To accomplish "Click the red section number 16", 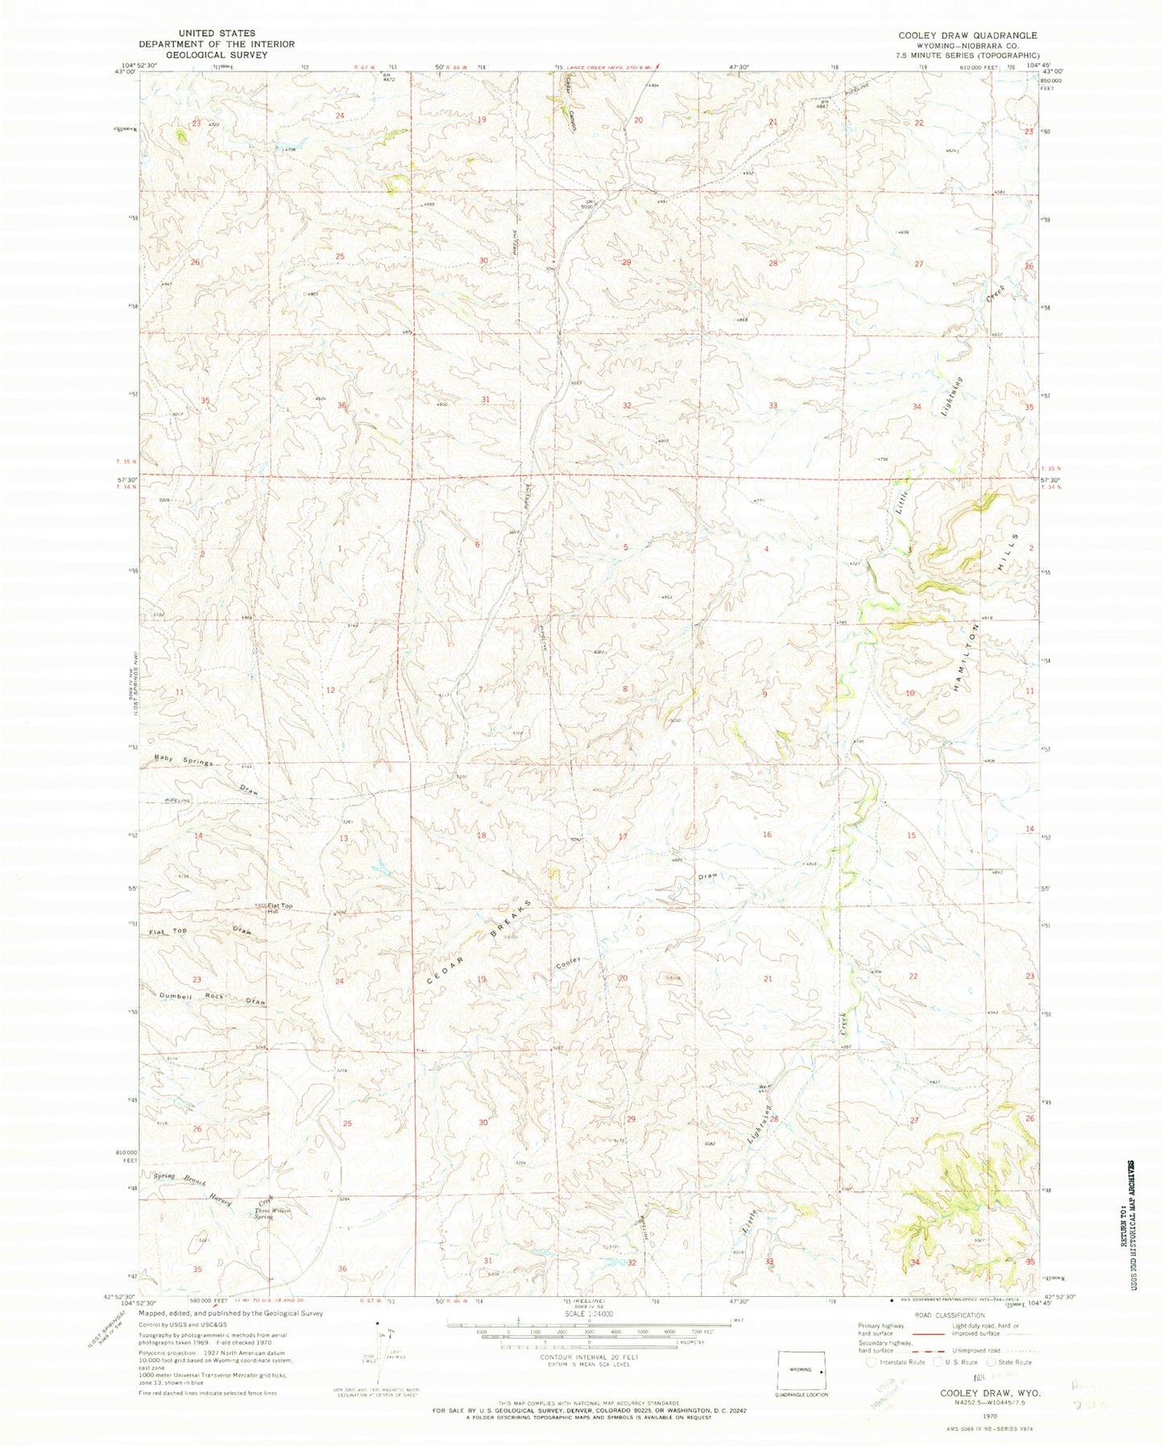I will click(766, 835).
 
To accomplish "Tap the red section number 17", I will click(623, 837).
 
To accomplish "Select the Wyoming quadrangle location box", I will click(802, 1369).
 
